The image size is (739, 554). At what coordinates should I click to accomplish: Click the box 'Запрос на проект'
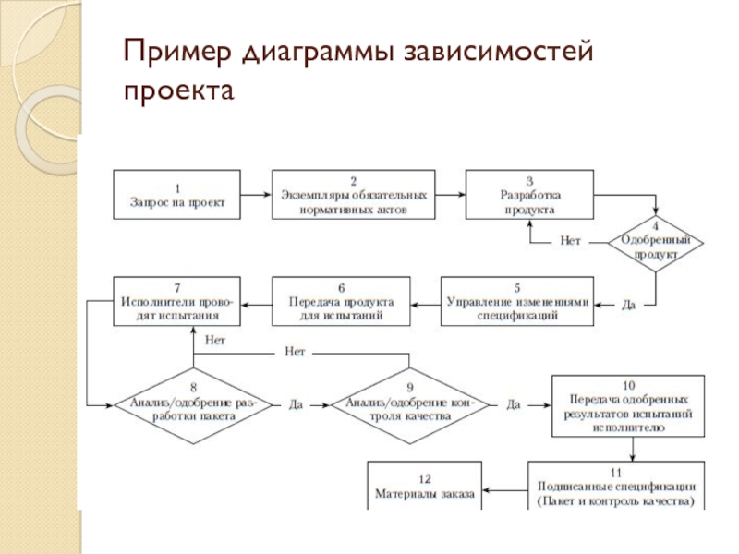click(x=176, y=195)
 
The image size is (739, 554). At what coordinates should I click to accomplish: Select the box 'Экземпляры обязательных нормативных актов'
click(x=353, y=195)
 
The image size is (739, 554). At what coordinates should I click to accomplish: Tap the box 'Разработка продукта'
click(x=529, y=195)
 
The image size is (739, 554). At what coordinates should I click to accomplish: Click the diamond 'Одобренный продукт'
click(x=655, y=244)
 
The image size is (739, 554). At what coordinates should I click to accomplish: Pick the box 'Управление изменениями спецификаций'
click(x=517, y=302)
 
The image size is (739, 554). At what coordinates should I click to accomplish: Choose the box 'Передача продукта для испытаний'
click(x=341, y=302)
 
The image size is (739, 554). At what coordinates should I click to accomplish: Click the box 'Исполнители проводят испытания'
click(x=176, y=302)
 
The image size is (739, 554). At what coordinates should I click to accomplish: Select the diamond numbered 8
click(x=193, y=405)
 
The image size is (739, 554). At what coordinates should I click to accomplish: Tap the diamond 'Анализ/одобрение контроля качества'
click(x=409, y=405)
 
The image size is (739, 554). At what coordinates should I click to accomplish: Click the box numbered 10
click(x=628, y=406)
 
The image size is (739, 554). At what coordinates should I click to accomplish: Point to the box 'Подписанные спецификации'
click(x=616, y=486)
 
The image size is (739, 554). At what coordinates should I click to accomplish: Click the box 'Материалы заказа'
click(x=424, y=486)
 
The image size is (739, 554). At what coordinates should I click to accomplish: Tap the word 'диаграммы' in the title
click(x=318, y=53)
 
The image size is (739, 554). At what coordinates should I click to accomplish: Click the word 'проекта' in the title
click(x=178, y=90)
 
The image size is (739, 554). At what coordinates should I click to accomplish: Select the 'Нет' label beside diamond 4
click(x=570, y=241)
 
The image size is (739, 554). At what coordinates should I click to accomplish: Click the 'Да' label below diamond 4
click(x=628, y=305)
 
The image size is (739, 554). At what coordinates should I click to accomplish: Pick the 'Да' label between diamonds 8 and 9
click(x=296, y=404)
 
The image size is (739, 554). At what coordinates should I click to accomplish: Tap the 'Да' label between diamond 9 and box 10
click(x=514, y=404)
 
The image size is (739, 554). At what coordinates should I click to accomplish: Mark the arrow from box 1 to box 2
click(x=256, y=195)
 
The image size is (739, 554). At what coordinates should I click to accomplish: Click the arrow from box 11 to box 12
click(x=504, y=490)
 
